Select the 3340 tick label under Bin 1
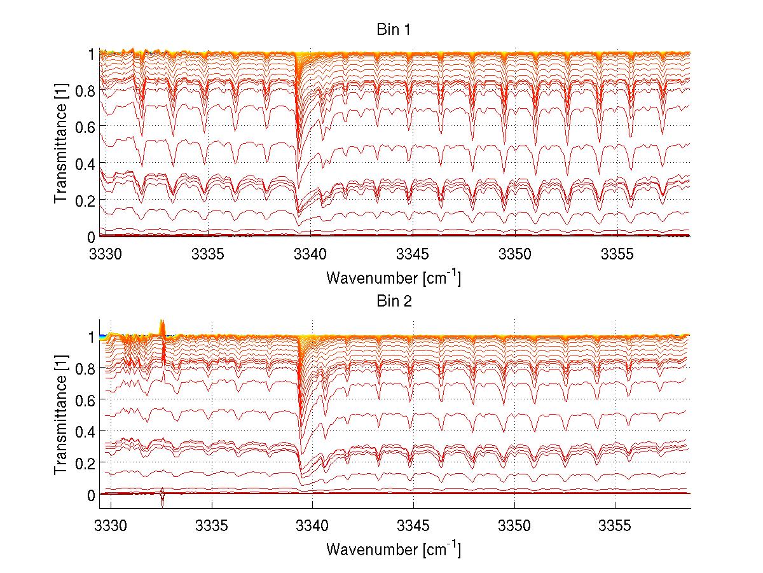[x=310, y=254]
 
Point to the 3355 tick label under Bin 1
[x=617, y=254]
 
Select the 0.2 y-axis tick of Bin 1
[x=86, y=200]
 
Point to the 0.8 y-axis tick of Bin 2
[x=86, y=368]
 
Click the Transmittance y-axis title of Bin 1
[x=61, y=145]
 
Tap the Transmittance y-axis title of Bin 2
[x=61, y=416]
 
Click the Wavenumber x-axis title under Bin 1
[x=393, y=277]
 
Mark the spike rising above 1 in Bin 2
[x=162, y=324]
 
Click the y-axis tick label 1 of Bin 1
[x=91, y=55]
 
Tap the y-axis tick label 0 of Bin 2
[x=91, y=494]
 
